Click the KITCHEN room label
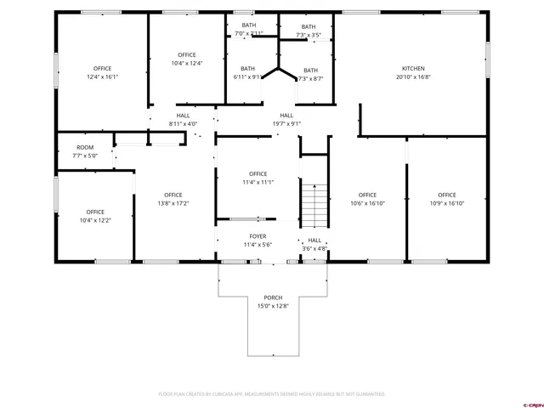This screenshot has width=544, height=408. [413, 69]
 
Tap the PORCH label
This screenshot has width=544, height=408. [273, 297]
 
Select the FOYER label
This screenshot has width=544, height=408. [258, 236]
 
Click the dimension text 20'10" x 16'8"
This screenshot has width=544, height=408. [413, 76]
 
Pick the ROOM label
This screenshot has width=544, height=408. [85, 148]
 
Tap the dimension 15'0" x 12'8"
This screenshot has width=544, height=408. [273, 305]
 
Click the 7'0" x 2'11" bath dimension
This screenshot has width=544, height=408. [248, 33]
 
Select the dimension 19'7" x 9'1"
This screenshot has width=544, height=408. [286, 123]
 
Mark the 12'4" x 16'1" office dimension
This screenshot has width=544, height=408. [103, 76]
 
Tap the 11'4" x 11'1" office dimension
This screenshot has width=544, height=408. [258, 182]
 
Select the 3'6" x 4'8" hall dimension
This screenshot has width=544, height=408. [314, 248]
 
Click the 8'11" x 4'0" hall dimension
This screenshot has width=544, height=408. [183, 123]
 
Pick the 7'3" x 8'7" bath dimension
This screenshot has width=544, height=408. [311, 78]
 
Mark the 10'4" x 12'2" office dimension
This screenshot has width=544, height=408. [94, 220]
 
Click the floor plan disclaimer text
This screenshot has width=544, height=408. [272, 394]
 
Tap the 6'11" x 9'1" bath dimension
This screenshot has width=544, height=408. [247, 76]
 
